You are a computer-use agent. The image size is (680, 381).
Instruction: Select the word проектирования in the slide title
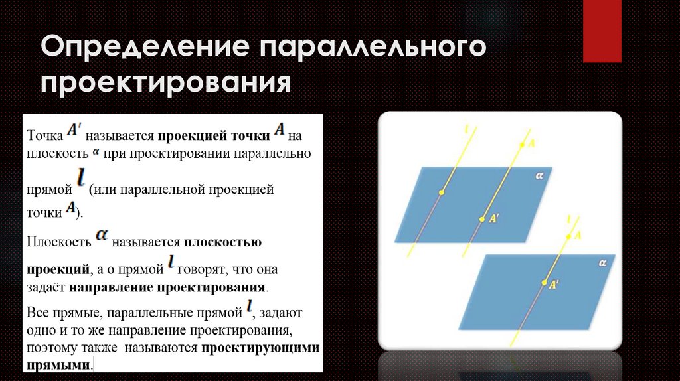coord(167,84)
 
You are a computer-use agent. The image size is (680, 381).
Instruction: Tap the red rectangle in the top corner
coord(601,31)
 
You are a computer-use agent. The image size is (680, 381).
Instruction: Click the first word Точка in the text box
coord(44,136)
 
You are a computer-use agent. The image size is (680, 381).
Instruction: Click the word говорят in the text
coord(201,270)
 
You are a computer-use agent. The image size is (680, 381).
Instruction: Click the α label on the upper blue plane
coord(540,176)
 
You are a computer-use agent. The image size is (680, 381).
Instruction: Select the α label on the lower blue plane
coord(602,263)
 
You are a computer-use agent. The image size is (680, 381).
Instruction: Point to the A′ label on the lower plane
coord(553,282)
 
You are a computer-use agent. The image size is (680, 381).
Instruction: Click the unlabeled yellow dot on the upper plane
coord(440,192)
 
